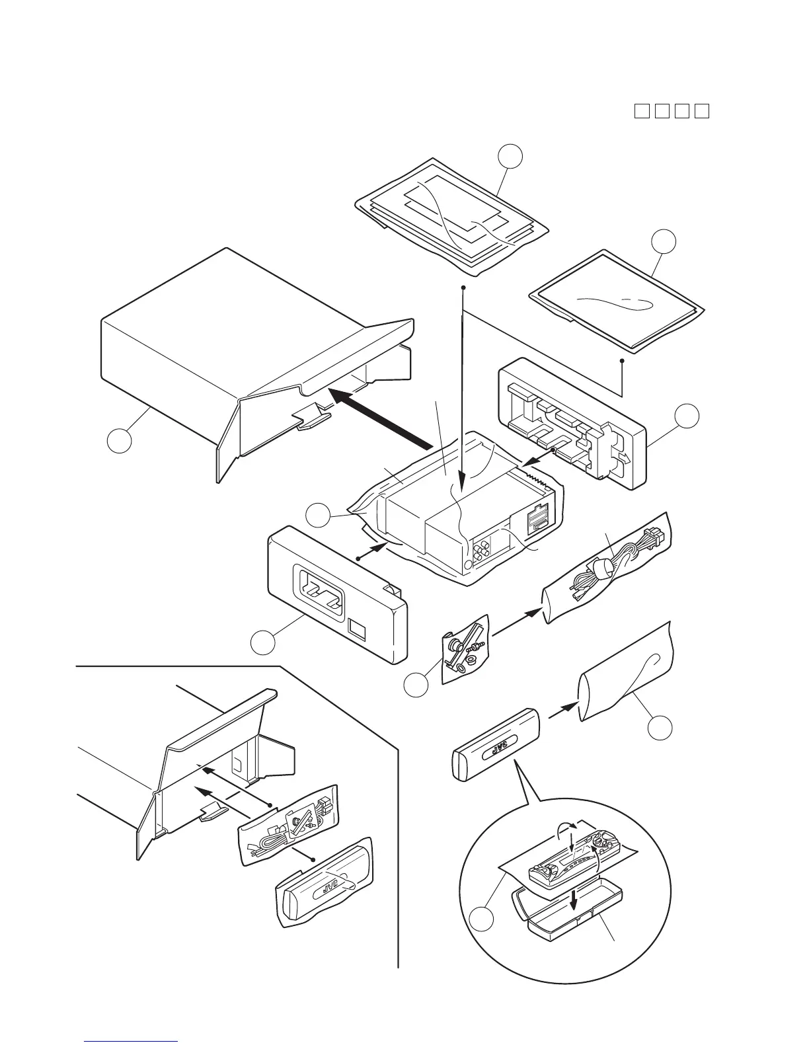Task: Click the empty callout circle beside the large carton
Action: (120, 441)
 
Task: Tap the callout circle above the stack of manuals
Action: (510, 157)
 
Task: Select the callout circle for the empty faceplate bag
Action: (660, 727)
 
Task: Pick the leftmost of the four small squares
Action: (640, 110)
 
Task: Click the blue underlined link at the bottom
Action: (132, 1042)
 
